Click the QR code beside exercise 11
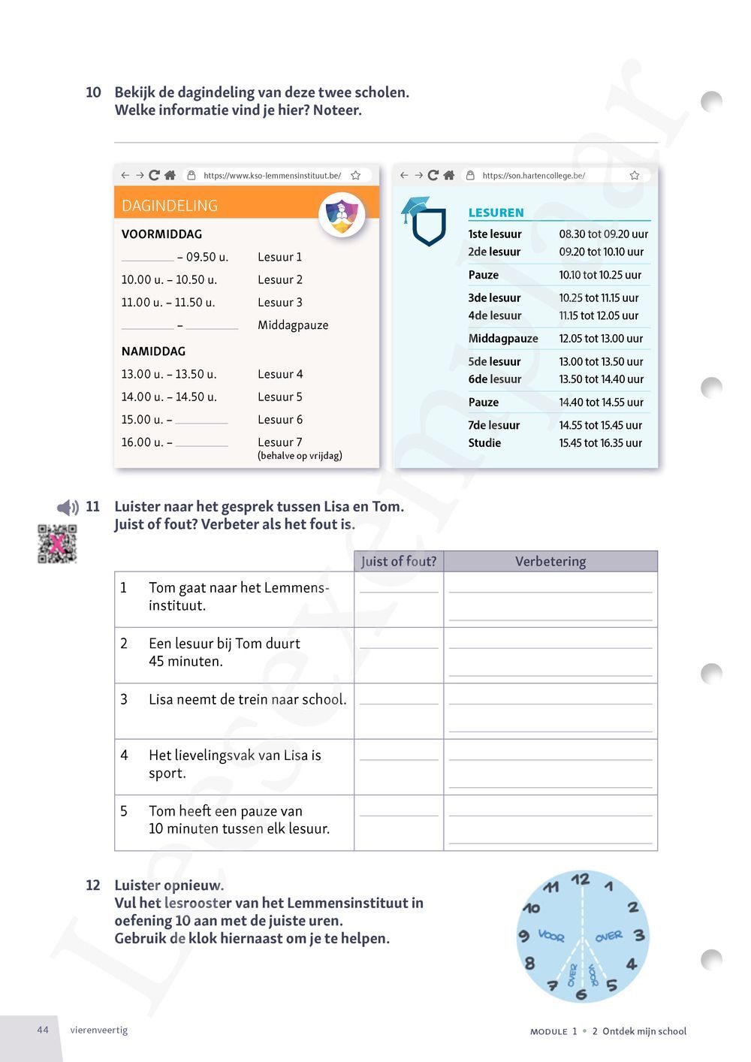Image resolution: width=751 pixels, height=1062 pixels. pyautogui.click(x=57, y=544)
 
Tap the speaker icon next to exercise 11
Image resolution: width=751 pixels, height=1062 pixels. pyautogui.click(x=68, y=508)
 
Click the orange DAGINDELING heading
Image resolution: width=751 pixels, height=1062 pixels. pyautogui.click(x=170, y=206)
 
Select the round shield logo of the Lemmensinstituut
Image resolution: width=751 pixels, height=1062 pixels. pyautogui.click(x=342, y=214)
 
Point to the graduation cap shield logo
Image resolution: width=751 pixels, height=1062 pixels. pyautogui.click(x=425, y=222)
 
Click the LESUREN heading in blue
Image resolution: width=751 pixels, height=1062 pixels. pyautogui.click(x=496, y=213)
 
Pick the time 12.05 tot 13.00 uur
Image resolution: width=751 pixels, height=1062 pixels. pyautogui.click(x=601, y=339)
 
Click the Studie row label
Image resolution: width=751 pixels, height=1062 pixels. pyautogui.click(x=484, y=443)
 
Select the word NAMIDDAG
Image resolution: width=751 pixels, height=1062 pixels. pyautogui.click(x=153, y=351)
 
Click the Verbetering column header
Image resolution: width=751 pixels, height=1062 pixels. pyautogui.click(x=550, y=561)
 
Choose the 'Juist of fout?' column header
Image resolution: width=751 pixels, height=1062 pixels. pyautogui.click(x=399, y=561)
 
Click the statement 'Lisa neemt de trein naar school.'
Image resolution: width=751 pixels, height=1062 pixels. pyautogui.click(x=248, y=699)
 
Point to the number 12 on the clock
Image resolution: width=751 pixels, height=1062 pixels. pyautogui.click(x=580, y=879)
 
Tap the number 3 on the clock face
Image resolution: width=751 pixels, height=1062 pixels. pyautogui.click(x=639, y=936)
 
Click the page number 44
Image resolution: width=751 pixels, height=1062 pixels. pyautogui.click(x=43, y=1030)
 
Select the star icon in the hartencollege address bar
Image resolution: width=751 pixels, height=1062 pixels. pyautogui.click(x=635, y=175)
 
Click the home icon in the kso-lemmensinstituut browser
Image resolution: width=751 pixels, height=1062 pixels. pyautogui.click(x=170, y=175)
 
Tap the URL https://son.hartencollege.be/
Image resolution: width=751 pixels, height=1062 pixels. pyautogui.click(x=533, y=176)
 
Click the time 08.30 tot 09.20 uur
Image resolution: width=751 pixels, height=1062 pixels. pyautogui.click(x=603, y=234)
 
